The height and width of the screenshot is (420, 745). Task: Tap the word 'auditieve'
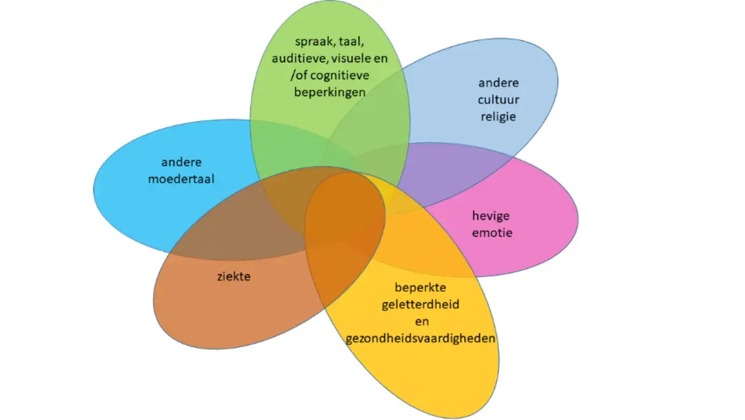coord(295,59)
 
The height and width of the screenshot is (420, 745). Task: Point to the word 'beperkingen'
coord(329,92)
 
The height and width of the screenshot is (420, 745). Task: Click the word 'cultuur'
coord(498,100)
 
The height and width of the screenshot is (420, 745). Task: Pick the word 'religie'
coord(498,117)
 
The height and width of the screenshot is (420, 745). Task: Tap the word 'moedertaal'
coord(181,179)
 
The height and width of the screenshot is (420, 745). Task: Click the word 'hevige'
coord(491,216)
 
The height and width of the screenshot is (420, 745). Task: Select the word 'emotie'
coord(492,232)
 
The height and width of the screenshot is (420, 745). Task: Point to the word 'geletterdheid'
coord(420,304)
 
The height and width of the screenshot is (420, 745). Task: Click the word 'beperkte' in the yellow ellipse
coord(420,287)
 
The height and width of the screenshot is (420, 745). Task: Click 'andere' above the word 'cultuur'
coord(498,83)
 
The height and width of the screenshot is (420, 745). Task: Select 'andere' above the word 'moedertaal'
coord(181,162)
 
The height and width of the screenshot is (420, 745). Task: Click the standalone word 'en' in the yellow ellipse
coord(420,321)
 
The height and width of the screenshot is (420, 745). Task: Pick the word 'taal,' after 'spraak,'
coord(352,43)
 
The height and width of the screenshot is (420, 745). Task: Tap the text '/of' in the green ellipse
coord(299,75)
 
